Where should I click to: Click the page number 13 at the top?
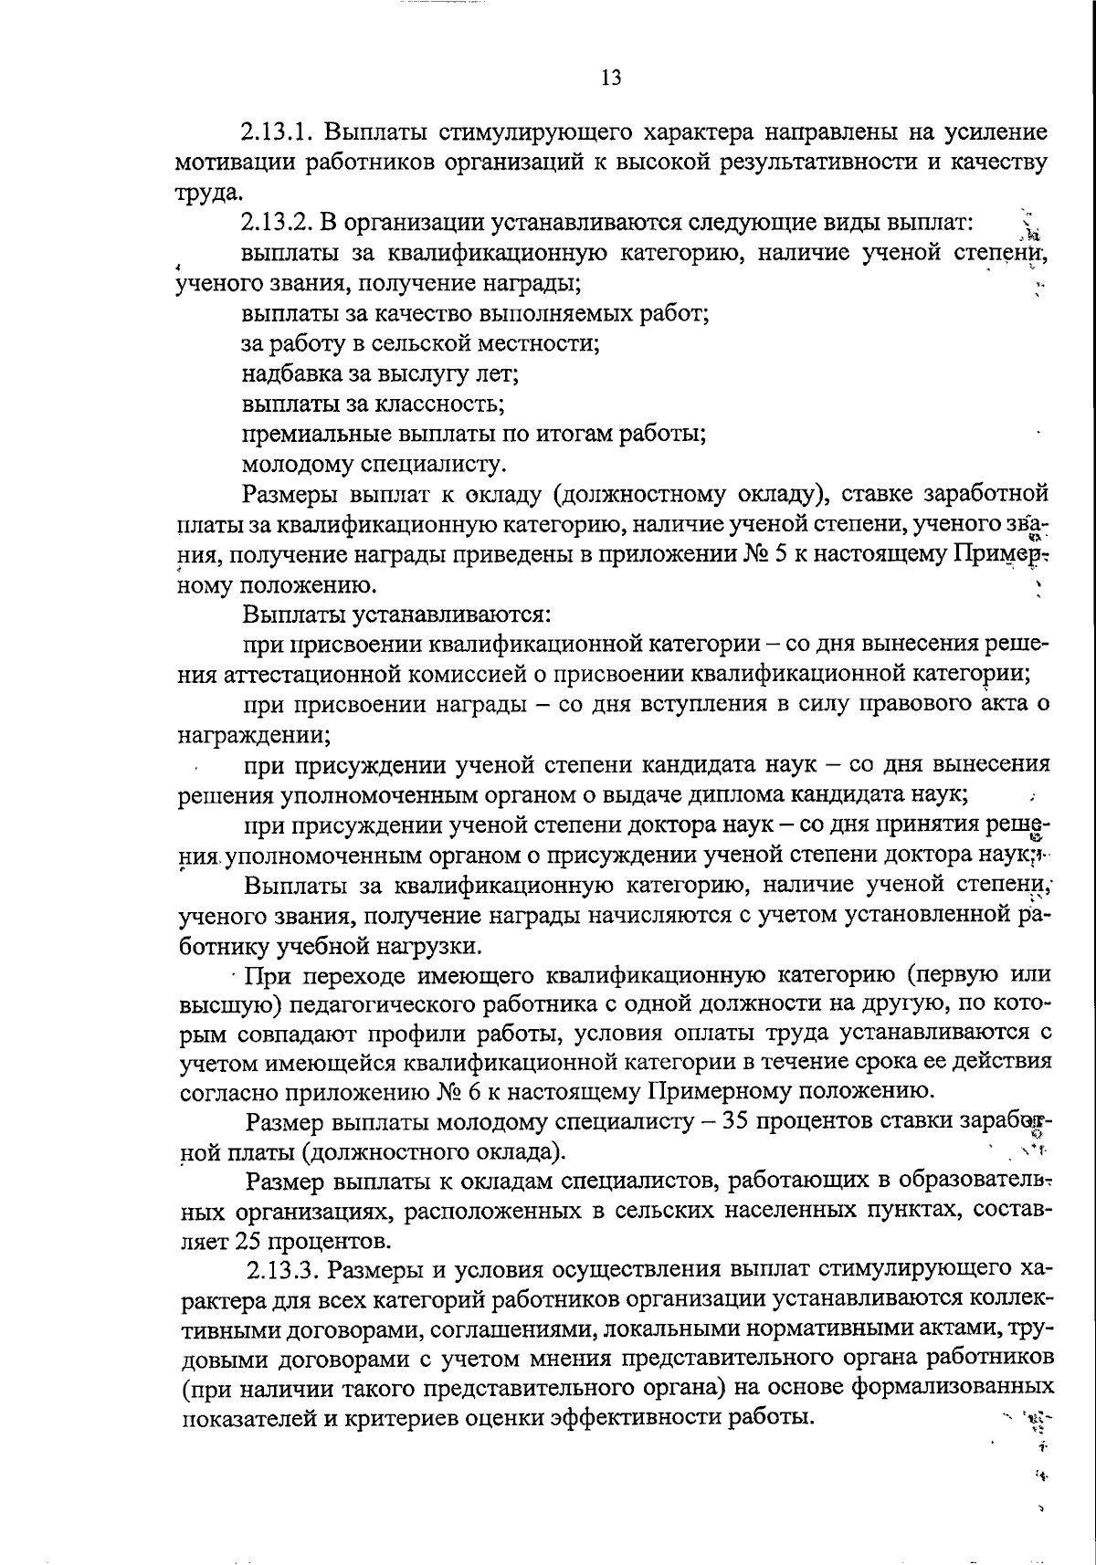click(611, 78)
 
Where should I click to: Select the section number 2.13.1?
click(278, 132)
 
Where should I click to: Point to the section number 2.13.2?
click(278, 222)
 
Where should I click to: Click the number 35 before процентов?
click(736, 1120)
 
